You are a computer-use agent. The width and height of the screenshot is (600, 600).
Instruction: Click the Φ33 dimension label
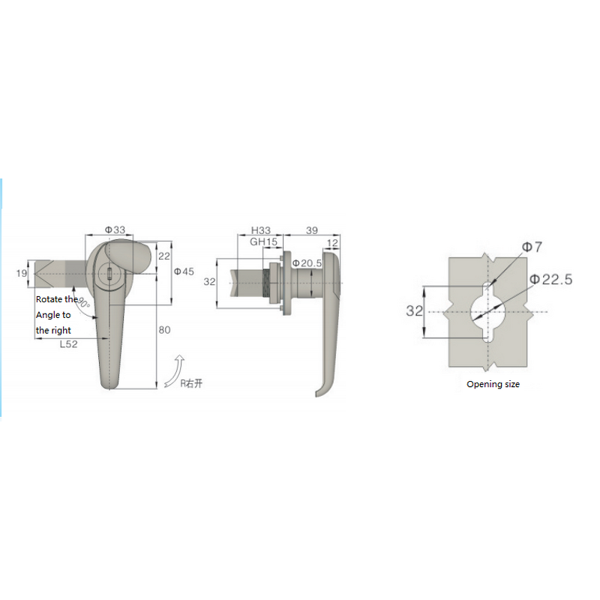[x=114, y=229]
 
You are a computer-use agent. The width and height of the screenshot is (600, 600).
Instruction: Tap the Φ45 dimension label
[x=184, y=271]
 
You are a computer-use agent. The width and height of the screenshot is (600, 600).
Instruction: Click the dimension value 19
[x=21, y=274]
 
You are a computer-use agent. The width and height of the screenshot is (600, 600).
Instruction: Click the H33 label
[x=260, y=229]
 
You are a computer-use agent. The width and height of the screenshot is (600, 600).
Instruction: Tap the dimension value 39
[x=313, y=229]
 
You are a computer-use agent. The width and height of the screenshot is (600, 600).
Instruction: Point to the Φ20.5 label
[x=307, y=263]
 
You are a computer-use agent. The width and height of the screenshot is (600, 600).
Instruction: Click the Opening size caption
[x=493, y=384]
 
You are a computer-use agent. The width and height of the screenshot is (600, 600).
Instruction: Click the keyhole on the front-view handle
[x=108, y=275]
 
